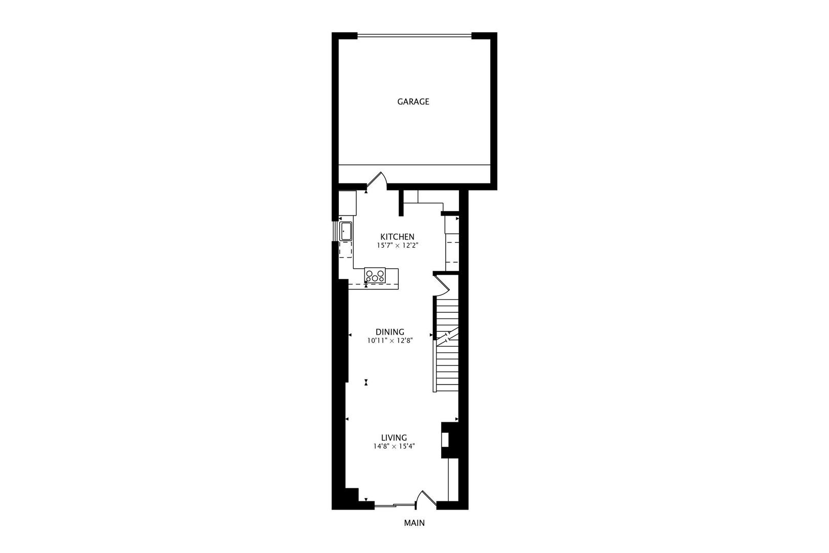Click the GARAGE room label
[413, 102]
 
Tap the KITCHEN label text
[397, 237]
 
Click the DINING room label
[390, 332]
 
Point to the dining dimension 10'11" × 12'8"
[390, 341]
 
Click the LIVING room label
[394, 437]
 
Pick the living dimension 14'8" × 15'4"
[394, 446]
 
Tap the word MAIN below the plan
[414, 523]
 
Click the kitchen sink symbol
[345, 231]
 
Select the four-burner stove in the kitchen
[375, 275]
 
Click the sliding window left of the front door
[394, 506]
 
